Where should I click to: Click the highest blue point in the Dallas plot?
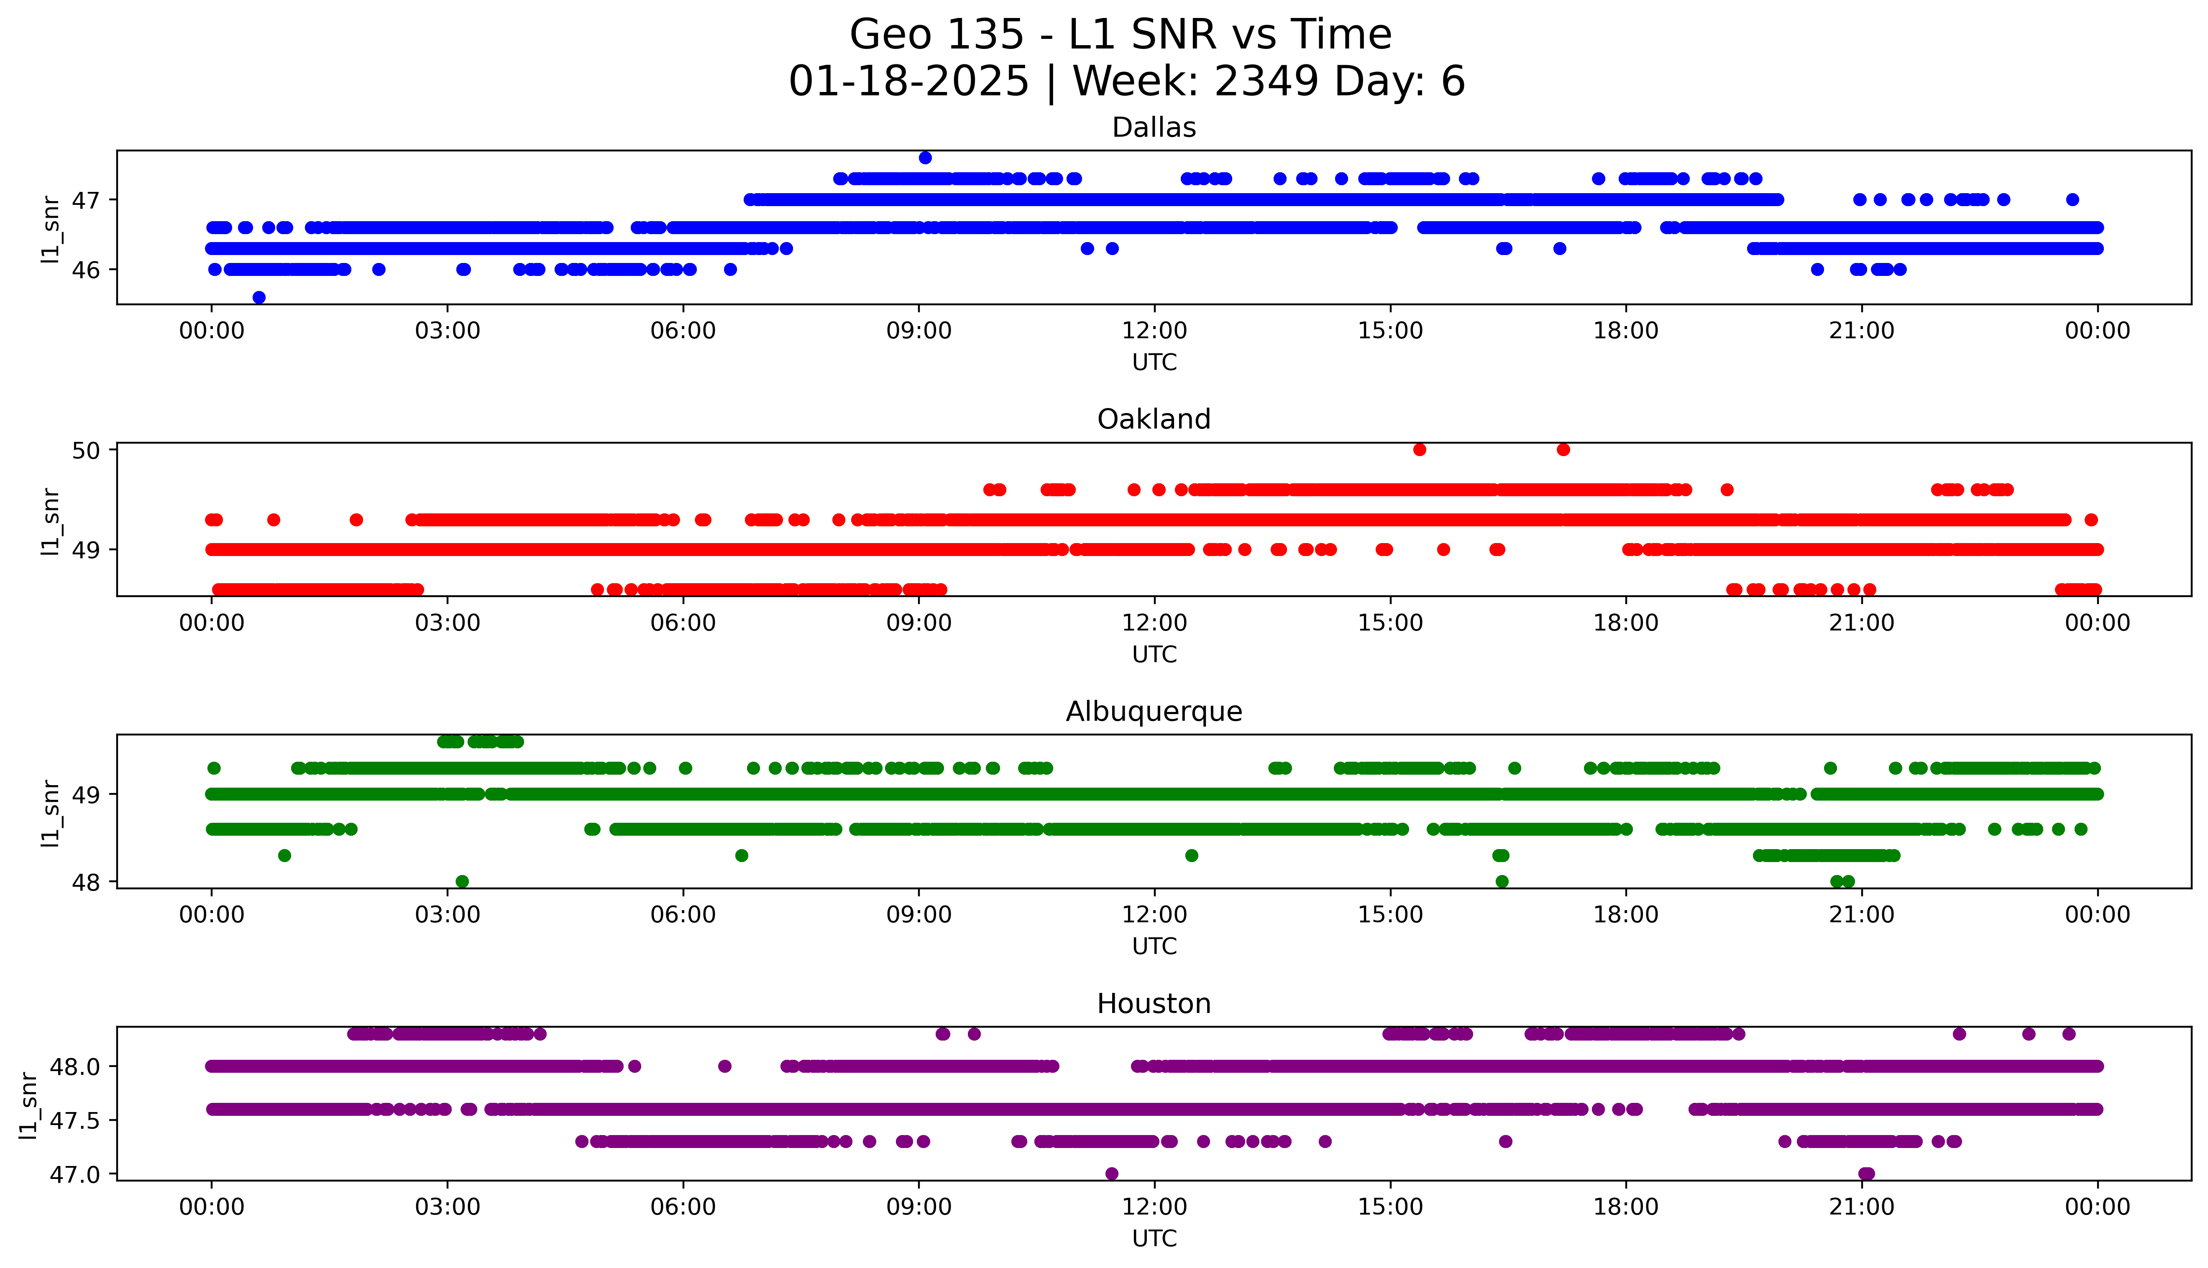tap(925, 158)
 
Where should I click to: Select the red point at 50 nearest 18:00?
tap(1563, 449)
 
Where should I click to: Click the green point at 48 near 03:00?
tap(463, 881)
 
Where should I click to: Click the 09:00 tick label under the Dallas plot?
tap(919, 331)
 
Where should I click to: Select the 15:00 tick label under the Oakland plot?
tap(1390, 624)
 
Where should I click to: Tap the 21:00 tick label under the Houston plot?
tap(1861, 1207)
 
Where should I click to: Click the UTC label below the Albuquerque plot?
tap(1154, 947)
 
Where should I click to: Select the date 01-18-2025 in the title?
tap(908, 82)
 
